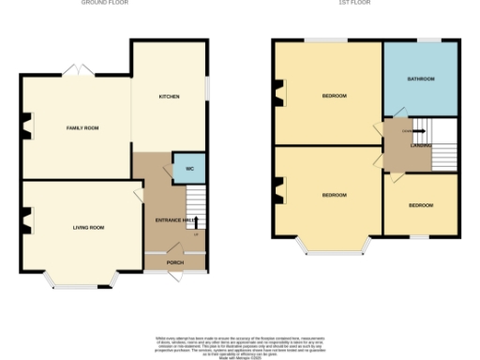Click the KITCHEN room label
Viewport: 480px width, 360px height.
point(169,97)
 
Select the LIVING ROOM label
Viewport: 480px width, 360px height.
point(89,227)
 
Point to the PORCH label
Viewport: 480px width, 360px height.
point(175,262)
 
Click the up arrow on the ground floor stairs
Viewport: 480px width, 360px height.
point(196,222)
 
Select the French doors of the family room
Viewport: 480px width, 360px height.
point(77,71)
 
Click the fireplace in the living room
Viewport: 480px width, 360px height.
point(25,222)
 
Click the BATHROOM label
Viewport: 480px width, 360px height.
point(421,79)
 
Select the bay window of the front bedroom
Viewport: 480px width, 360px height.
point(335,247)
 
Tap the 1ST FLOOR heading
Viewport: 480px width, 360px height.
point(366,4)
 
